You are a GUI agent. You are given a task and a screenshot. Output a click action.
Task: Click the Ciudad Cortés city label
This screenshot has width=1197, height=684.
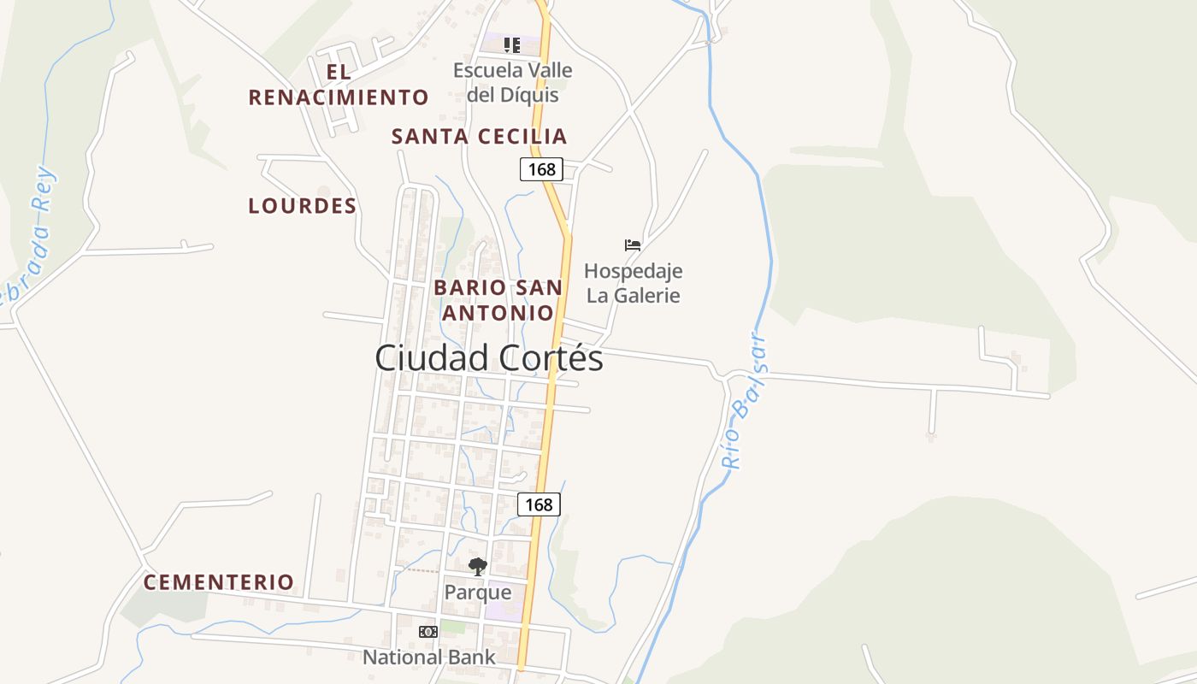pos(488,358)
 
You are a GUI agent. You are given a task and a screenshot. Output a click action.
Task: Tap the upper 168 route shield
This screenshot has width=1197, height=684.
pos(542,169)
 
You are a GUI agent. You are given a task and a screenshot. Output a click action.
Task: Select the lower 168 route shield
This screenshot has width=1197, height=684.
pos(539,504)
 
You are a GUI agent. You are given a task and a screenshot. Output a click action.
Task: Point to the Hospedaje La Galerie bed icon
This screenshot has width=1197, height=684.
pos(633,245)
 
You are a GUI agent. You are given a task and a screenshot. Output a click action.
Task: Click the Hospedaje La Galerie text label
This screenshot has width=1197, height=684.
pos(633,283)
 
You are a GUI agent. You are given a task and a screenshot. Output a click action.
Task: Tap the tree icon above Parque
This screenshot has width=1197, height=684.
pos(478,566)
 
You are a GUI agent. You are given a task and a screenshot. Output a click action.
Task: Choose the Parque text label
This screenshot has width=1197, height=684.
pos(478,593)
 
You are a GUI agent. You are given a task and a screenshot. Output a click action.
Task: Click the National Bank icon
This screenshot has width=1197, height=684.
pos(428,632)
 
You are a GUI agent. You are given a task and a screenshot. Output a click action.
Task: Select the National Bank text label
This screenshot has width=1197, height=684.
pos(429,657)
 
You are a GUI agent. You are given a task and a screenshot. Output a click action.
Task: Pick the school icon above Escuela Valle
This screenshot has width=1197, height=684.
pos(511,44)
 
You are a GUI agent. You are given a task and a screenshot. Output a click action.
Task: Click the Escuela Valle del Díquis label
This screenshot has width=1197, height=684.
pos(513,82)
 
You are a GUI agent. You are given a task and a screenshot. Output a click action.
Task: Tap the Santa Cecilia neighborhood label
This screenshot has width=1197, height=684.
pos(479,136)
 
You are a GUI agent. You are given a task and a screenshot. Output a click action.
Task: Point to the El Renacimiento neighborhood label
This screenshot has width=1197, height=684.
pos(339,85)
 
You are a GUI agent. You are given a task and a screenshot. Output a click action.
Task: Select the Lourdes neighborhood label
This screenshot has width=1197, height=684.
pos(302,206)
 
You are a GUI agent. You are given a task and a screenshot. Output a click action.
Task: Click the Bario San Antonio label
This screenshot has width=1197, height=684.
pos(498,300)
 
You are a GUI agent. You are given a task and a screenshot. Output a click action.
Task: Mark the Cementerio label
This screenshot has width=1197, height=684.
pos(219,583)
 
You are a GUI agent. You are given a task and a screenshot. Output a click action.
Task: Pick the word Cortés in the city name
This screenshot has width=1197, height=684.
pos(551,358)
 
